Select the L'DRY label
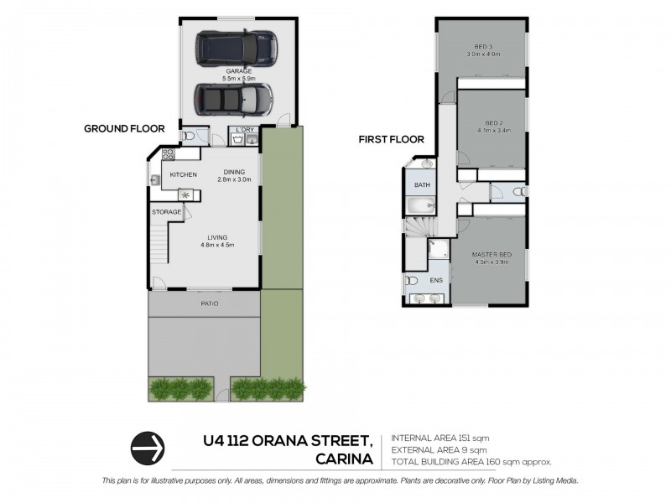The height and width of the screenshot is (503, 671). (x=245, y=129)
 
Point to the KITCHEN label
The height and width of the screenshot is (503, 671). (x=183, y=174)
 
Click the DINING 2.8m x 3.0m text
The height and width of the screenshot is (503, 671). (x=234, y=175)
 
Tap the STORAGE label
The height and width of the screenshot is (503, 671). (x=166, y=212)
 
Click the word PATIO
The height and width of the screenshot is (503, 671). (x=209, y=303)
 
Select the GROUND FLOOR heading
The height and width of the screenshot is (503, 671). (x=123, y=128)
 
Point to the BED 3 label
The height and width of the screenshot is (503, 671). (x=482, y=49)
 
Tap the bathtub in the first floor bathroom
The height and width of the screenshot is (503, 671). (x=419, y=205)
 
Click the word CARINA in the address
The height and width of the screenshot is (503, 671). (x=344, y=458)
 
